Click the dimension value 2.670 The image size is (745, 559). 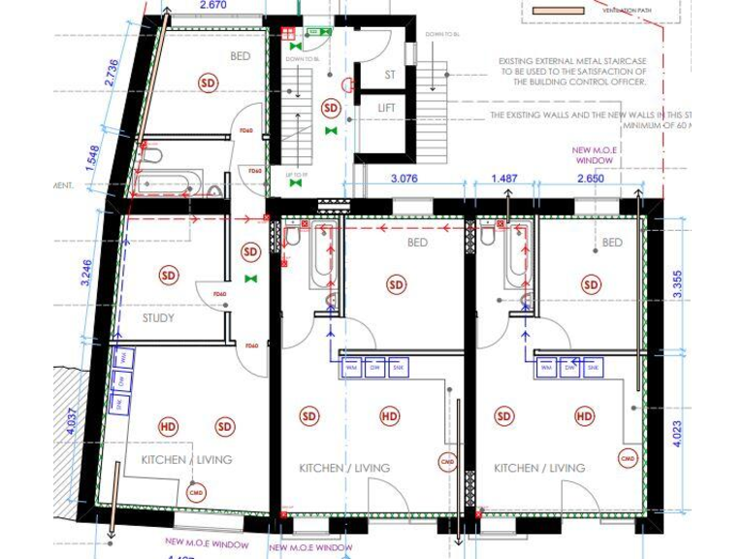coord(212,6)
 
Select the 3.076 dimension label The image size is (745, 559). coord(410,179)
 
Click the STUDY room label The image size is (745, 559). coord(159,317)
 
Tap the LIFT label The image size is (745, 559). coord(387,109)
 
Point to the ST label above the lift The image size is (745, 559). coord(389,74)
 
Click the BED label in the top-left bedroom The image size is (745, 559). coord(240,56)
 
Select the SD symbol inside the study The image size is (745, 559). coord(170,276)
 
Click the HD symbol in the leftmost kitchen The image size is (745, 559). coord(168,426)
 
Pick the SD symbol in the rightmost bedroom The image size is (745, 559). coord(591,284)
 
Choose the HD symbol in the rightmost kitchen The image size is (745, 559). coord(584,416)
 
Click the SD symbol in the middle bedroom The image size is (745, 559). coord(396,284)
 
